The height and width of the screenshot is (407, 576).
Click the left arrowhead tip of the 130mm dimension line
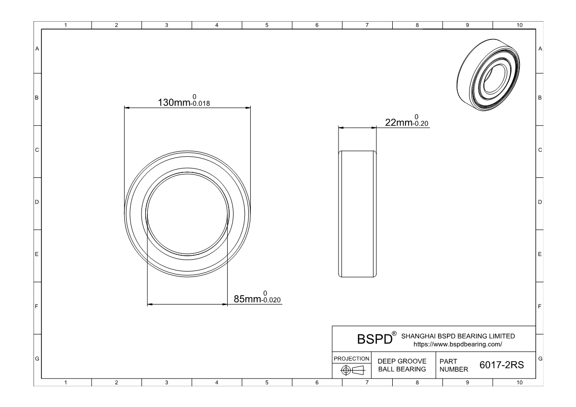(x=125, y=108)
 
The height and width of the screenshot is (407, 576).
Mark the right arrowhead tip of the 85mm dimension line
(x=227, y=305)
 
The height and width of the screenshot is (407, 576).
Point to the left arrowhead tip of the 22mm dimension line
(x=339, y=128)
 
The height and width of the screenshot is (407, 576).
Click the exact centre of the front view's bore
(x=187, y=213)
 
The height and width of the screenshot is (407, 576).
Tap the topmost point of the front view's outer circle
(x=187, y=151)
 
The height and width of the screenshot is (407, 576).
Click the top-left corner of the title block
(x=333, y=326)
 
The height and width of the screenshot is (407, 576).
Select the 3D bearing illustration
(x=489, y=75)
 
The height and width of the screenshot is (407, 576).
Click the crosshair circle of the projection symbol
(x=346, y=370)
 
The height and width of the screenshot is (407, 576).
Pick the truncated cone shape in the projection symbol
(x=358, y=370)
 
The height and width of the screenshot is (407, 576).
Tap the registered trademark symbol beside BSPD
(x=394, y=334)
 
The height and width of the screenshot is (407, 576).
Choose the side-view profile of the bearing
(x=357, y=214)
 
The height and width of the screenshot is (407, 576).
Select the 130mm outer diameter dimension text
(x=174, y=102)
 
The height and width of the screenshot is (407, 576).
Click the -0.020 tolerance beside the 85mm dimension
(x=271, y=300)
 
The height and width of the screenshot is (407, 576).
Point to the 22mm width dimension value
(x=399, y=122)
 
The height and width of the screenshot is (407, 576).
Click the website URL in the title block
(x=458, y=344)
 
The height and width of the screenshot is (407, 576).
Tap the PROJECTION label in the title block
(x=351, y=359)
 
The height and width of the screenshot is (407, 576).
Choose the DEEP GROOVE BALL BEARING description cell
(x=402, y=365)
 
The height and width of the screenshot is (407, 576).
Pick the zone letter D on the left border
(x=37, y=202)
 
